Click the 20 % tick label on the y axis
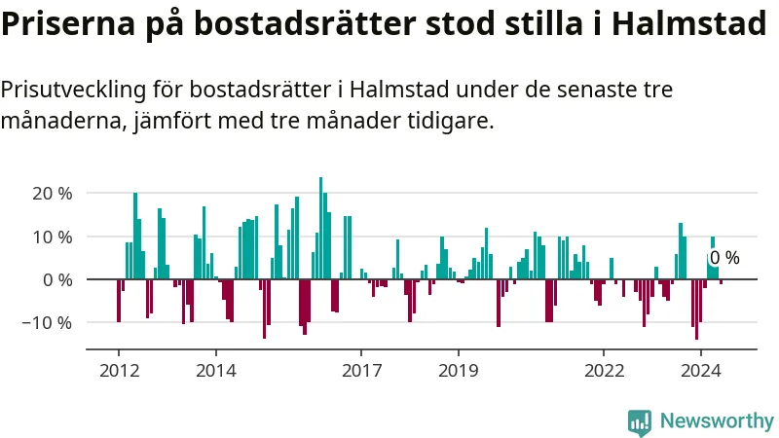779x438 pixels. (x=53, y=193)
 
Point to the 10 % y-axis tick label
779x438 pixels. (x=53, y=237)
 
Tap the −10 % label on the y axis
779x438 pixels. (x=47, y=323)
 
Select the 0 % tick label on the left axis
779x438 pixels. (x=57, y=280)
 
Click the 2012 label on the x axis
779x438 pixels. (x=119, y=371)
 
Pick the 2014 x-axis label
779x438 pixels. (x=216, y=371)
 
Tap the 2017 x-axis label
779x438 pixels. (x=361, y=371)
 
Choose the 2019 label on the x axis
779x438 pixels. (x=458, y=371)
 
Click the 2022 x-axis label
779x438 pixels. (x=604, y=371)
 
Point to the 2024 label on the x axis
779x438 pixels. (x=700, y=371)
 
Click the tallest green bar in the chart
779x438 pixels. (x=320, y=229)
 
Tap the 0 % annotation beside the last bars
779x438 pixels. (x=724, y=258)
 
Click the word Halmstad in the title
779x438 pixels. (x=689, y=22)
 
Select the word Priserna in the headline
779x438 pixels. (x=68, y=22)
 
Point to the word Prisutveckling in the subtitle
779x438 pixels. (x=74, y=90)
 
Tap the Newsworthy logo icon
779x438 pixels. (x=640, y=422)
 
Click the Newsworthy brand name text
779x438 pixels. (x=717, y=420)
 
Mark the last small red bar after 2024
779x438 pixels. (x=721, y=282)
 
